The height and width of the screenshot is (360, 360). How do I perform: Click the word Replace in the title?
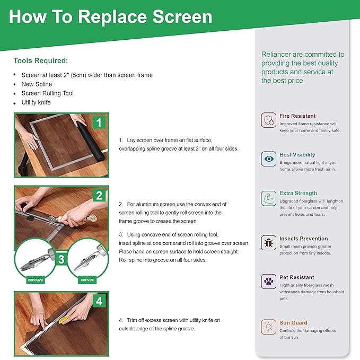[x=113, y=17]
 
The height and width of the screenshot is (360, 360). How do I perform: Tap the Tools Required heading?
[x=41, y=60]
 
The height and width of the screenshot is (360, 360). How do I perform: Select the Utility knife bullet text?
[x=36, y=102]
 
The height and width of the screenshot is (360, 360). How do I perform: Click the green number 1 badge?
[x=99, y=122]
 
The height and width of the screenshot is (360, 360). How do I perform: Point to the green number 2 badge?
[x=99, y=196]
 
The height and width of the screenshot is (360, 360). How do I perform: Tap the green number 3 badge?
[x=61, y=259]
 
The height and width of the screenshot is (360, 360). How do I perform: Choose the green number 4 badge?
[x=99, y=301]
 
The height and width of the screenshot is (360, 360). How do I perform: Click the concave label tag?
[x=36, y=280]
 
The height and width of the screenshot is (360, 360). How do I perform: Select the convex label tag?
[x=87, y=280]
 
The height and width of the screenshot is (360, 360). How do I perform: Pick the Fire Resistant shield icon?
[x=269, y=120]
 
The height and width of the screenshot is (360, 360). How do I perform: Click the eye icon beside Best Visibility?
[x=269, y=159]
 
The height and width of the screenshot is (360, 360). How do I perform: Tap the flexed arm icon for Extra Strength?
[x=269, y=198]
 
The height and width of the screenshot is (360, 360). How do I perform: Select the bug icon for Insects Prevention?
[x=269, y=243]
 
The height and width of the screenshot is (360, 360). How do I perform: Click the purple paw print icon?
[x=269, y=281]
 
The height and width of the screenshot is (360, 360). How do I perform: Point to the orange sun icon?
[x=269, y=327]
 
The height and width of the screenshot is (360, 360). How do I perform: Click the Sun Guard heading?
[x=293, y=323]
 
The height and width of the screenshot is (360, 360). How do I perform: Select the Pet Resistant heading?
[x=296, y=277]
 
